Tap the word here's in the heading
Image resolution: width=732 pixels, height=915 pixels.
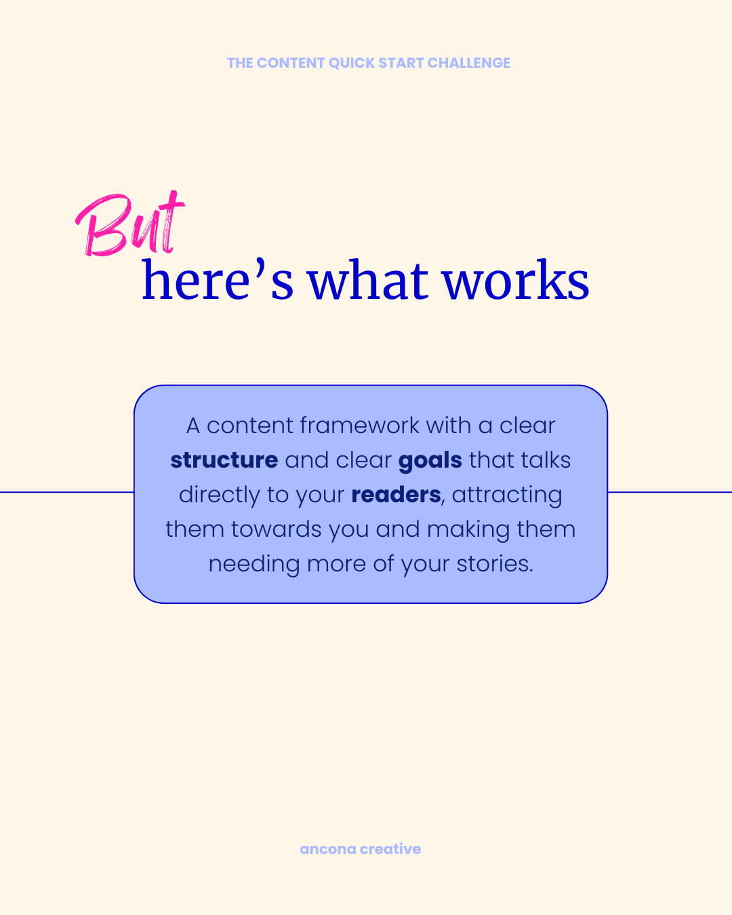tap(218, 281)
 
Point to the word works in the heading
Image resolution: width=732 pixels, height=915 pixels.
tap(516, 281)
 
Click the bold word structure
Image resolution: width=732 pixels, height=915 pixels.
tap(224, 460)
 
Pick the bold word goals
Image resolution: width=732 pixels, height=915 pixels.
tap(430, 460)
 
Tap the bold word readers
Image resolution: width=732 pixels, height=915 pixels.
tap(396, 495)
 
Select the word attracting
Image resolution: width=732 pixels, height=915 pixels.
tap(507, 495)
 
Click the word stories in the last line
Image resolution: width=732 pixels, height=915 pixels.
tap(494, 564)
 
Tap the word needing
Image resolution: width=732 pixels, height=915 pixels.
tap(254, 565)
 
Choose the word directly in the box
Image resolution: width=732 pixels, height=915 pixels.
tap(219, 495)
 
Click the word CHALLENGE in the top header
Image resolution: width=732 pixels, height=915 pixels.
tap(468, 63)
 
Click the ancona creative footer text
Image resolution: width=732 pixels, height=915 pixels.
tap(360, 849)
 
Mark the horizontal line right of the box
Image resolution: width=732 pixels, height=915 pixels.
tap(670, 492)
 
